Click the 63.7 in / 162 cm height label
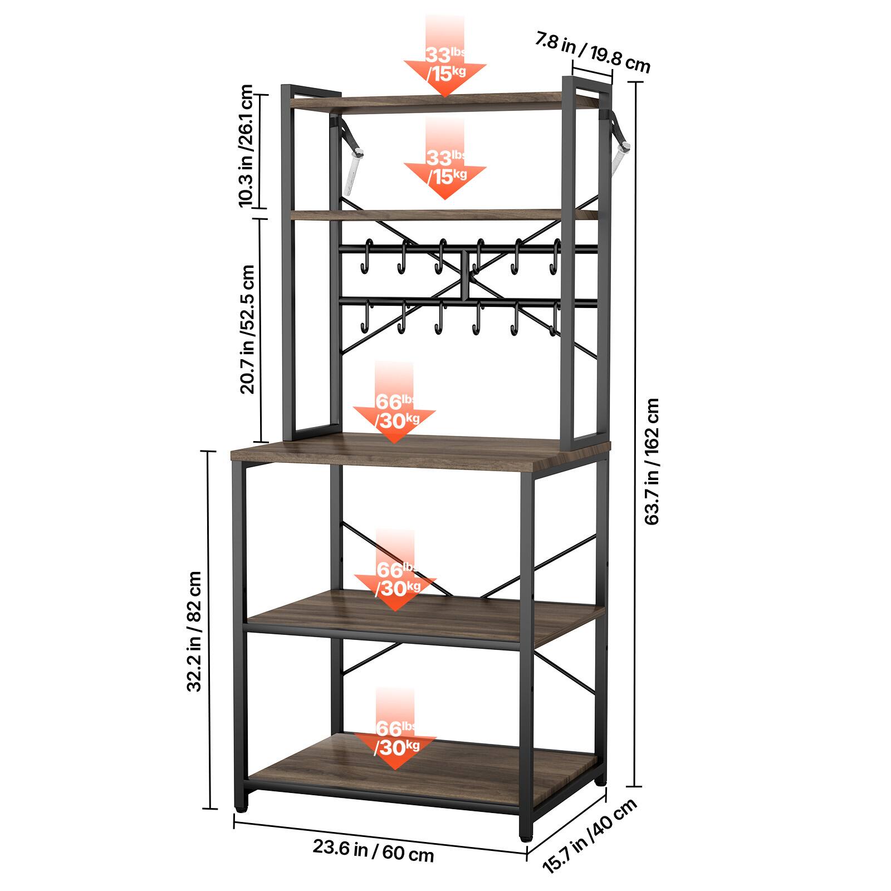coord(651,461)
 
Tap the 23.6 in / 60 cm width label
coord(373,851)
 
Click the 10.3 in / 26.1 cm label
coord(245,146)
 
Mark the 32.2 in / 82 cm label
coord(194,631)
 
